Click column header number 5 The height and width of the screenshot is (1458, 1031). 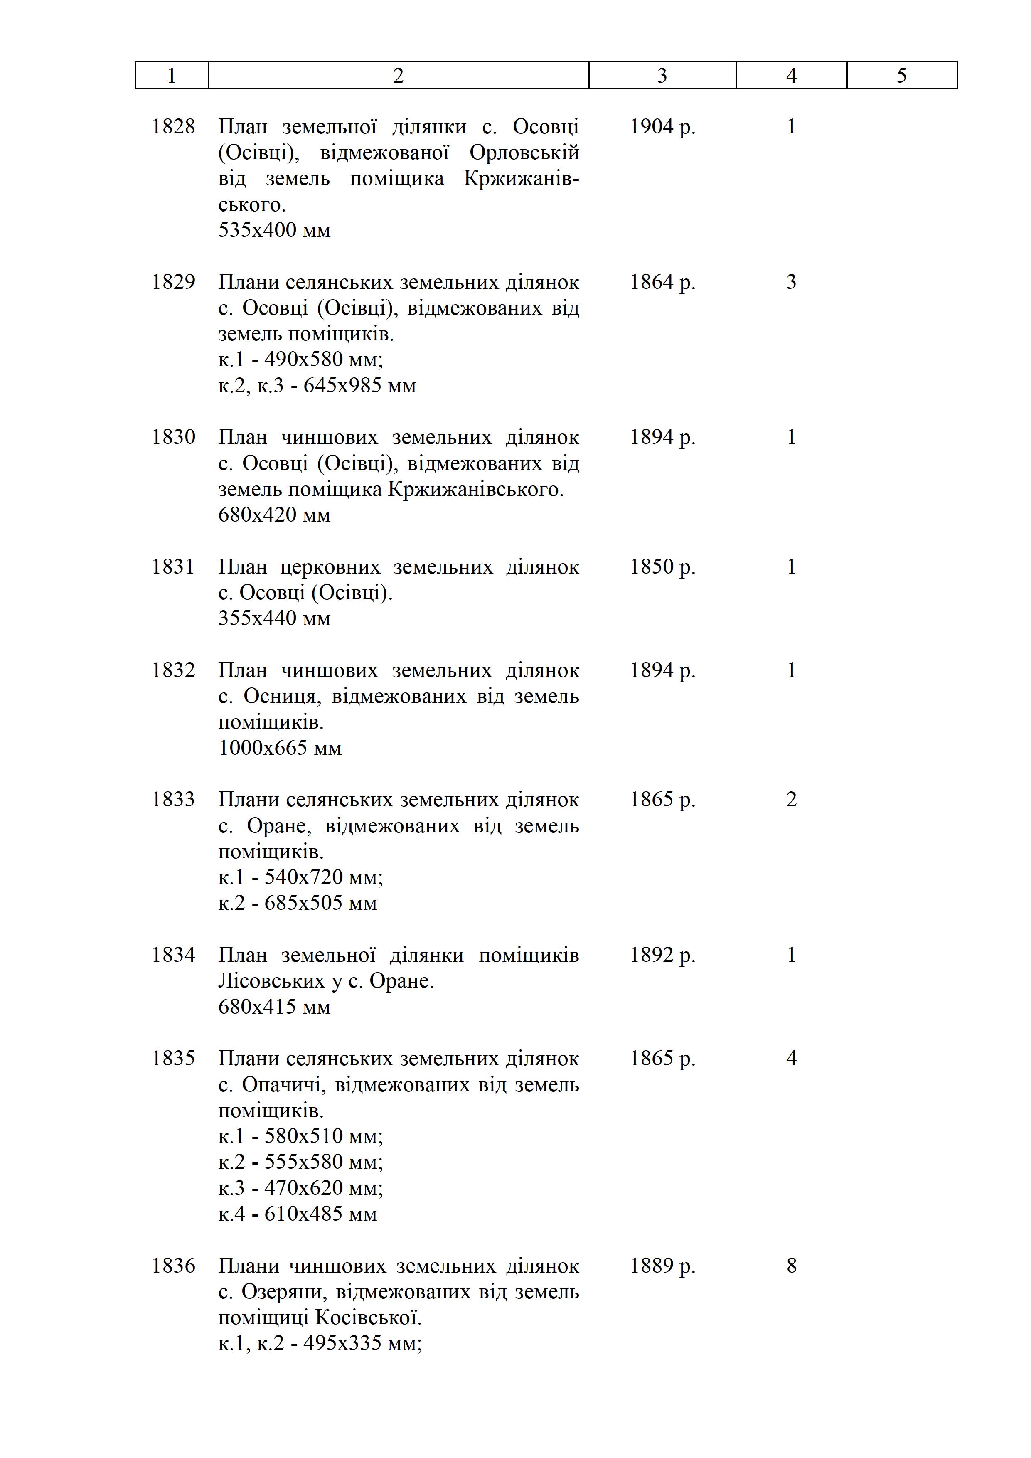click(901, 76)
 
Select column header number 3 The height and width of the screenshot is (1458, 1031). click(662, 76)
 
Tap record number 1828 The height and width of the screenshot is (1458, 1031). click(173, 127)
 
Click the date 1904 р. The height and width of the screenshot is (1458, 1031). click(662, 127)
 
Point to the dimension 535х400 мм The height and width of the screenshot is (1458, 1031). click(274, 230)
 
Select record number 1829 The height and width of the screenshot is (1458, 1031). click(173, 282)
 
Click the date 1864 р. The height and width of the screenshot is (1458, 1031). click(662, 282)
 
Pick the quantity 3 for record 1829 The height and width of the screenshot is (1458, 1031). click(791, 282)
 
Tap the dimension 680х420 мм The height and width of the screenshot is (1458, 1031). click(274, 515)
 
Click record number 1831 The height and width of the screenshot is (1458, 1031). click(173, 566)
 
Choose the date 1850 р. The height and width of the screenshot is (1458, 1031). click(662, 566)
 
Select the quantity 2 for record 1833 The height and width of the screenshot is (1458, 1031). click(791, 800)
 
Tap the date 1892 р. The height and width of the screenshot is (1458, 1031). click(662, 955)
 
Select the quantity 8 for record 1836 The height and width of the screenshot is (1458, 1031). click(791, 1266)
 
